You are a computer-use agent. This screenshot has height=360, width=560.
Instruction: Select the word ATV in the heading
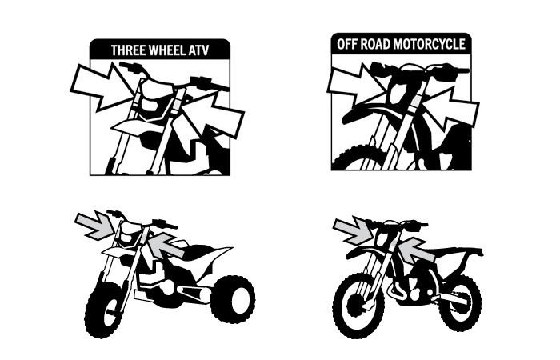[198, 50]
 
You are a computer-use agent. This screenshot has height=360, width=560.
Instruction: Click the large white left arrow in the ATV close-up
[103, 86]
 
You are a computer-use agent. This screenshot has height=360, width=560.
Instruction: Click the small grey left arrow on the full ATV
[95, 223]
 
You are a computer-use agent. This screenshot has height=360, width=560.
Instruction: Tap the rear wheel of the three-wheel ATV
[233, 298]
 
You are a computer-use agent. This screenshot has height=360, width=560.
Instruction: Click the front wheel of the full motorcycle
[358, 305]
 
